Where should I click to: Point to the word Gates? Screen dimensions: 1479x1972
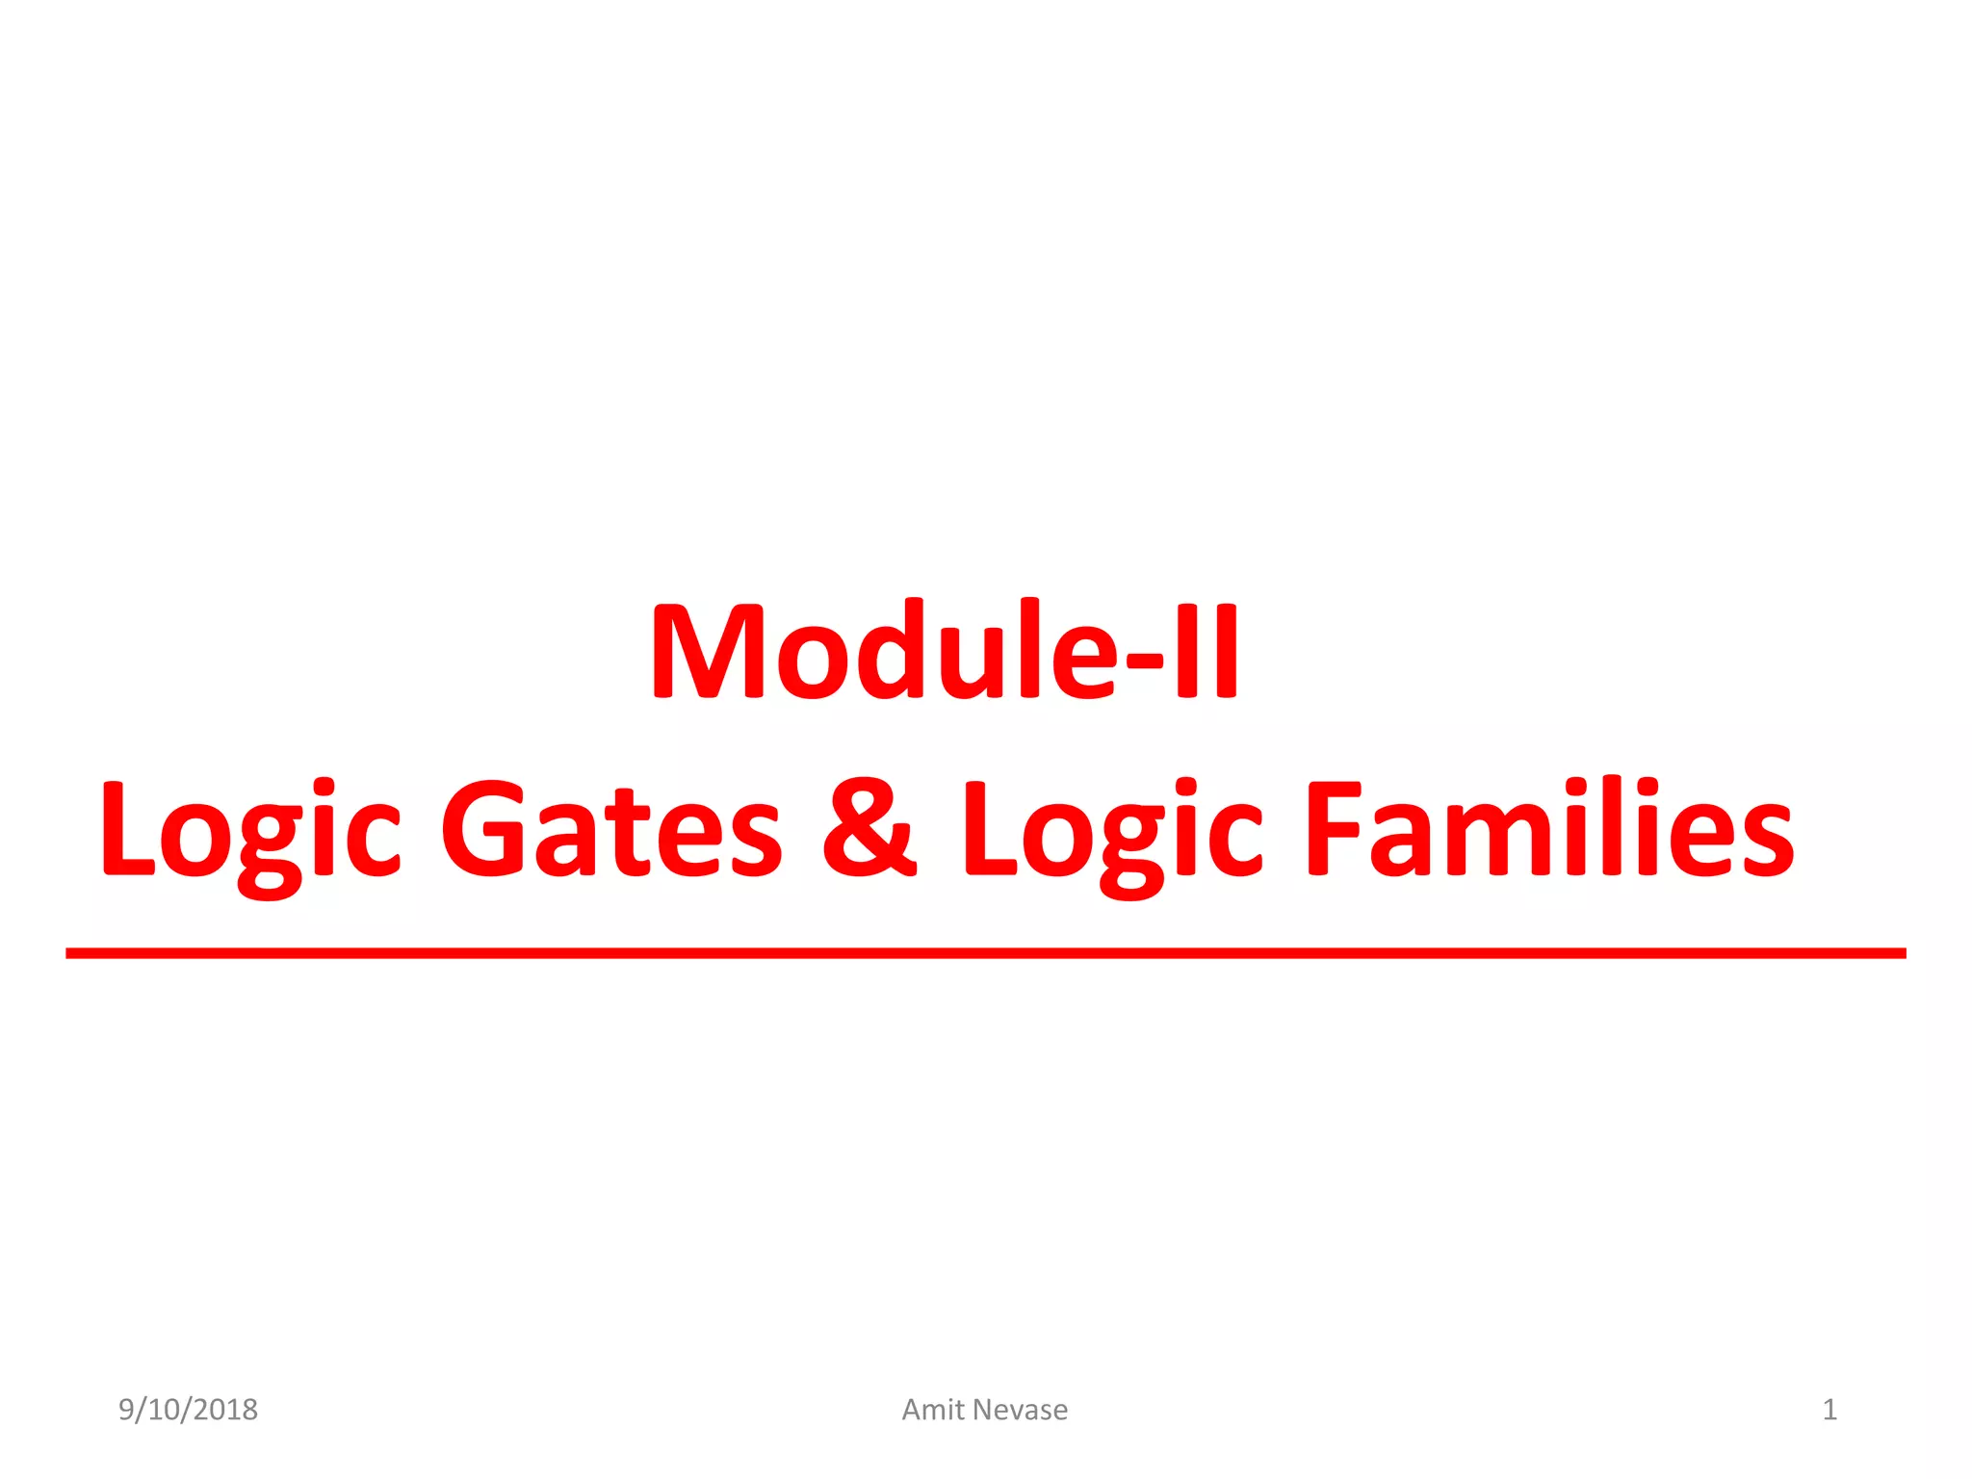(611, 830)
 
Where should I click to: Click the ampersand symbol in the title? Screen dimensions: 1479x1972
(869, 828)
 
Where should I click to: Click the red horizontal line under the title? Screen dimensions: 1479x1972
(986, 953)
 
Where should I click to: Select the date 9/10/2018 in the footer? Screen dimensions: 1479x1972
(188, 1410)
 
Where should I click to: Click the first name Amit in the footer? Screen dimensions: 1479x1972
(933, 1410)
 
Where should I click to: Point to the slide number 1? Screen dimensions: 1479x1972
(1829, 1410)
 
